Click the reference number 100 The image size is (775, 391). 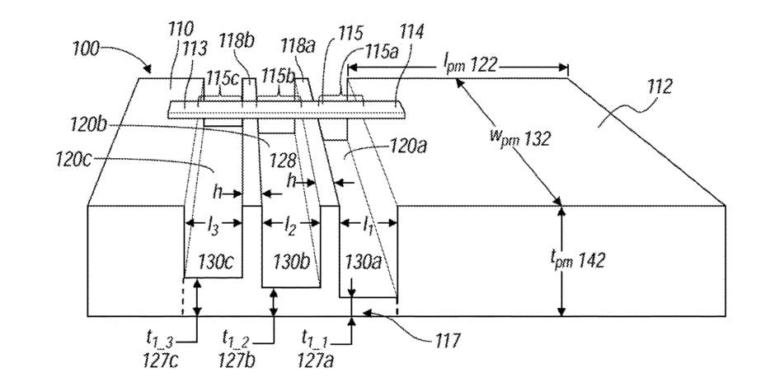pos(86,49)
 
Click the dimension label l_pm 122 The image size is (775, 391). pos(470,65)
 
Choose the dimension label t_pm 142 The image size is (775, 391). pos(577,258)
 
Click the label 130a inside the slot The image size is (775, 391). pos(364,261)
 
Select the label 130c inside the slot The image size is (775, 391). pos(215,261)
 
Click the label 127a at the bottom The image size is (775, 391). pos(316,361)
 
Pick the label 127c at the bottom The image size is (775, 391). pos(162,361)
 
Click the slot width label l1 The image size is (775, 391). pos(368,226)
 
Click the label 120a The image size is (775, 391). pos(408,146)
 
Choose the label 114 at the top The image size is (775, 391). pos(411,34)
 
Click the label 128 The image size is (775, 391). pos(284,160)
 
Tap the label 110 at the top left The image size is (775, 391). pos(181,30)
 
